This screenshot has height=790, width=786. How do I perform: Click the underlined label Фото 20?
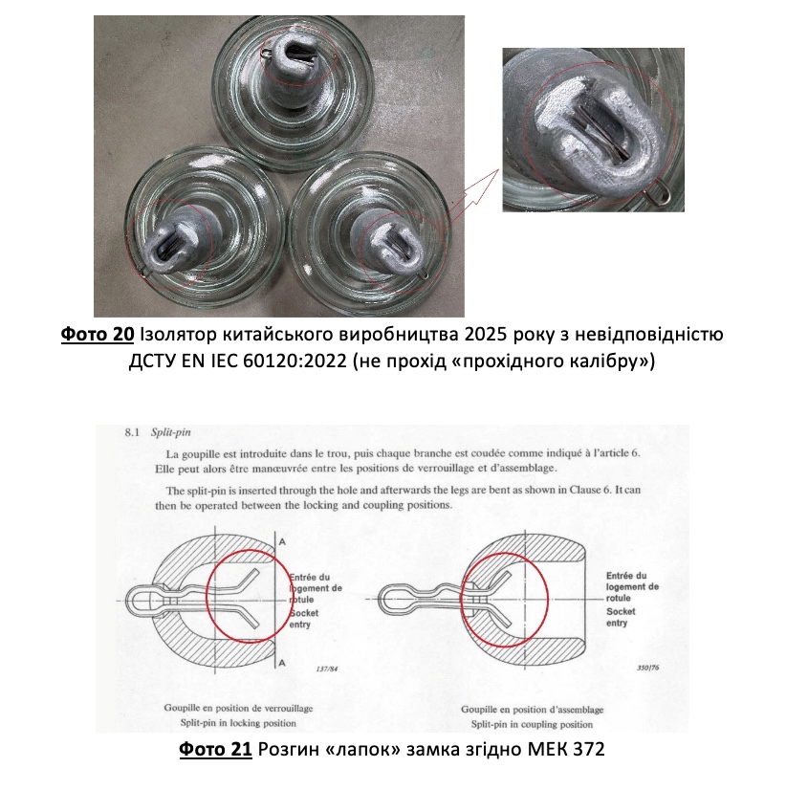(98, 334)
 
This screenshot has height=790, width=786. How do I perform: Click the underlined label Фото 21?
(215, 749)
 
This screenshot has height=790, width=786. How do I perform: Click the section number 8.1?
(133, 432)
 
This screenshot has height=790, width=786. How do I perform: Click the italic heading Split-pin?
(171, 432)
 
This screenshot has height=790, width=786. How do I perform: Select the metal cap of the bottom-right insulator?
(386, 241)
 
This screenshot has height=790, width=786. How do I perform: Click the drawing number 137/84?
(326, 669)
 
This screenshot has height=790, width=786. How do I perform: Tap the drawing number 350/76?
(648, 668)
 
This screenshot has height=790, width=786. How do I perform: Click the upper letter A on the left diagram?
(282, 542)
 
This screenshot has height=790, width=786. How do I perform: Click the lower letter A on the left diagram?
(282, 663)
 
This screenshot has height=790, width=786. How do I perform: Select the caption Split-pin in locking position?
(238, 723)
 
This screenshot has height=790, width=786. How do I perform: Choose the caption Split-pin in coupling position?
(532, 725)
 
